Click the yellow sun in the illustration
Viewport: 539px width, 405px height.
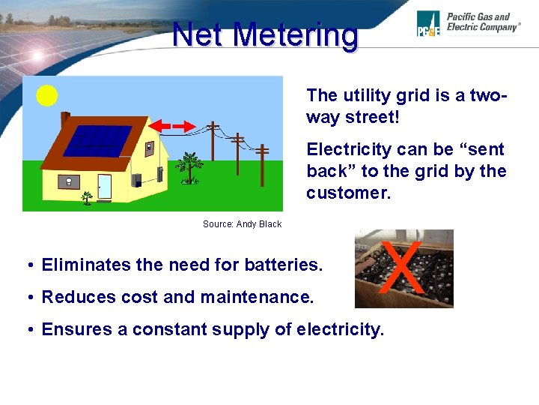click(x=47, y=95)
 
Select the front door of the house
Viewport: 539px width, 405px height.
click(x=104, y=186)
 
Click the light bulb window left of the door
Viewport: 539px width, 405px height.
click(x=69, y=181)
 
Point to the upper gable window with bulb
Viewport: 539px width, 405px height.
click(x=150, y=148)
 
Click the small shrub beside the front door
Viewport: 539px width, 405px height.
click(x=88, y=198)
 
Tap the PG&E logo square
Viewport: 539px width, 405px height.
click(x=428, y=24)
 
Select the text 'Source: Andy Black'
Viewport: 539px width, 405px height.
click(x=242, y=223)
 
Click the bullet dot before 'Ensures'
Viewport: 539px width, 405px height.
click(x=27, y=330)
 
